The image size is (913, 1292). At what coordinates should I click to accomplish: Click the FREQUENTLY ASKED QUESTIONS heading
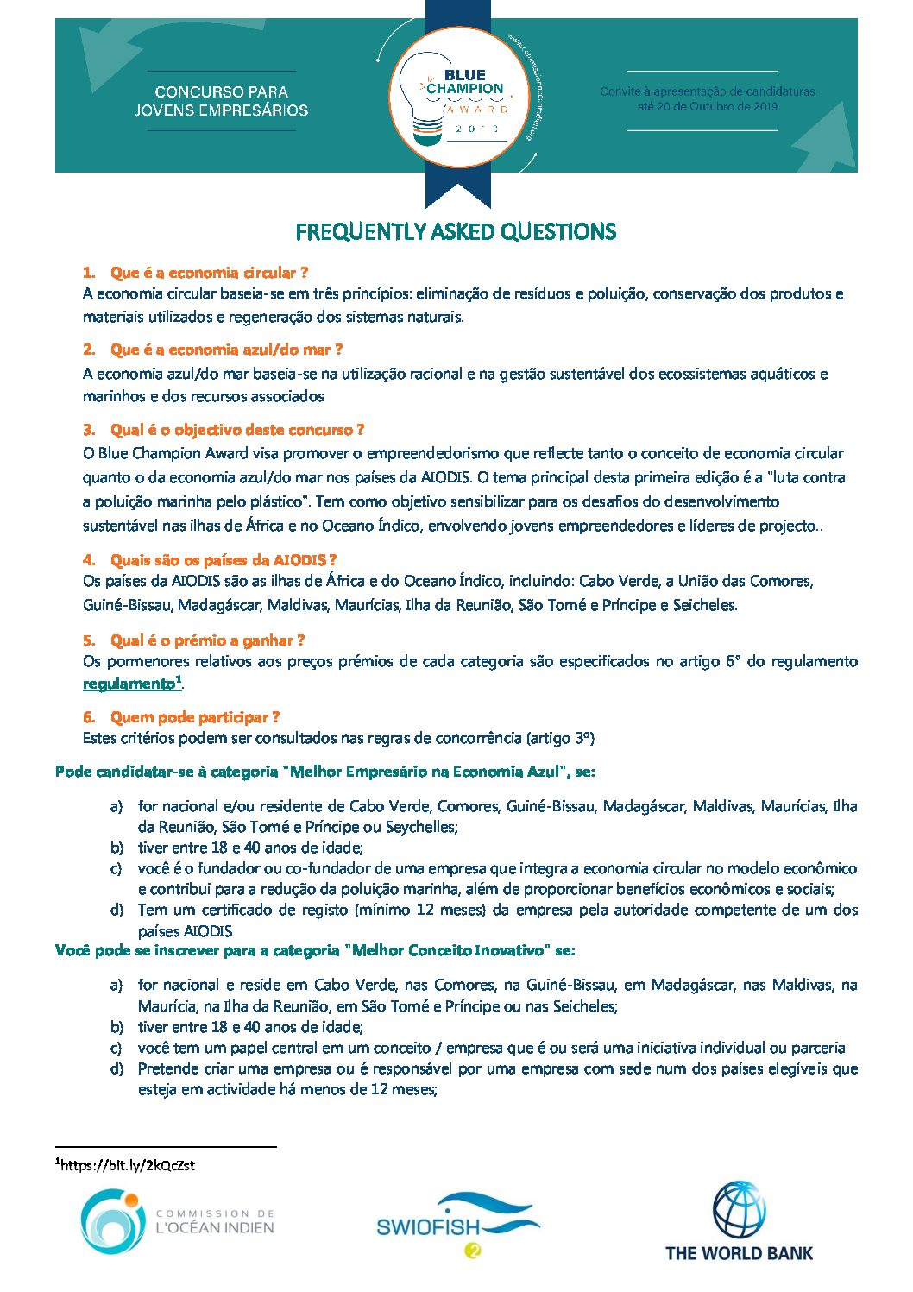(456, 231)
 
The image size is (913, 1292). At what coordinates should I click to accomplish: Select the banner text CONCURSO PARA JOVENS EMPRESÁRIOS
(222, 101)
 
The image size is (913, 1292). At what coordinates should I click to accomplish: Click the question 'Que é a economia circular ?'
(209, 273)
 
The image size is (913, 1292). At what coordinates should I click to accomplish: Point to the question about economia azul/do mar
(226, 350)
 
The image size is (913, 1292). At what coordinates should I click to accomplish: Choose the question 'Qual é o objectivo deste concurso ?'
(236, 430)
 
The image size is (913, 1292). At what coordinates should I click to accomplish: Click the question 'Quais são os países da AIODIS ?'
(223, 560)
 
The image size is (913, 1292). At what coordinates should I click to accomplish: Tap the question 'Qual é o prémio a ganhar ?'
(207, 640)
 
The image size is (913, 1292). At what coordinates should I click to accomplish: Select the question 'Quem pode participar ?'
(194, 717)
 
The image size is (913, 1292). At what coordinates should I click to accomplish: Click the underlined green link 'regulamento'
(129, 684)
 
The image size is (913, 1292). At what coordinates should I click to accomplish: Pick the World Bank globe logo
(739, 1211)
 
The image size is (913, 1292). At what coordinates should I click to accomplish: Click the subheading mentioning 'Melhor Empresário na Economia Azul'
(324, 772)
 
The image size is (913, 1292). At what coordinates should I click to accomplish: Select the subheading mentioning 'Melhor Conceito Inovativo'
(315, 950)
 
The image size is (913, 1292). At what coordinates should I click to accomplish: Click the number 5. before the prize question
(89, 640)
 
